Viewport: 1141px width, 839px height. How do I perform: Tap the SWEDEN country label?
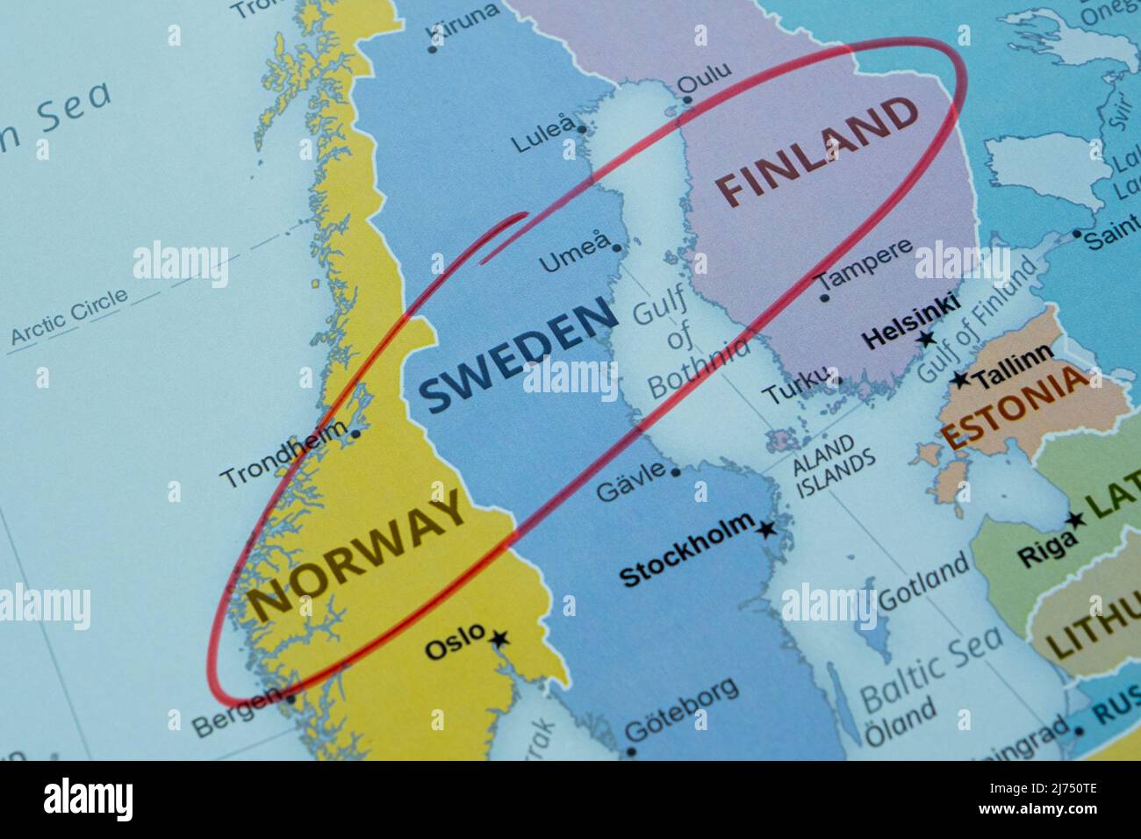pos(518,354)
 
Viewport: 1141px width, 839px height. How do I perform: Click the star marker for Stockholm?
pos(767,529)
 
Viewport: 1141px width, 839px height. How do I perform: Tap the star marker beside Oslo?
pos(499,639)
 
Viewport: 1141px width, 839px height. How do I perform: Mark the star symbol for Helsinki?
pos(925,339)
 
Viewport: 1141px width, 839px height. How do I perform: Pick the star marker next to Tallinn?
pos(961,379)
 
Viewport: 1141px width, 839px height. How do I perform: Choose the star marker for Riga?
pos(1075,519)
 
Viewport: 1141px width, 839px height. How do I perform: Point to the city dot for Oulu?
pos(687,100)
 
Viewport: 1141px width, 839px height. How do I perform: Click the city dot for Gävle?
pos(676,472)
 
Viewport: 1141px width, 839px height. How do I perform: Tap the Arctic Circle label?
pos(69,316)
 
